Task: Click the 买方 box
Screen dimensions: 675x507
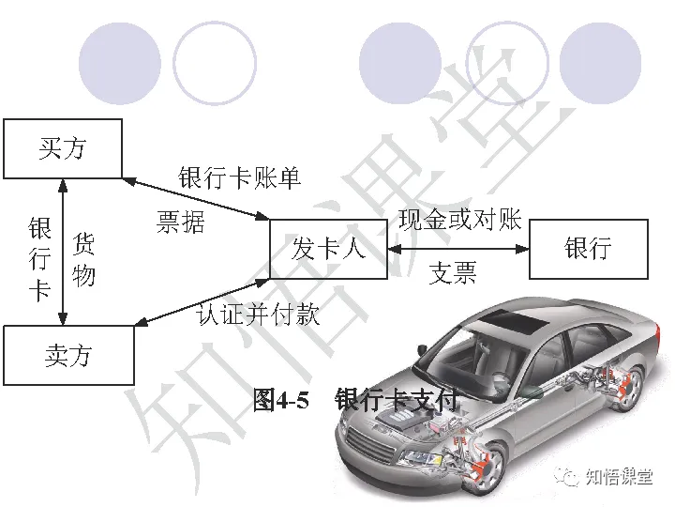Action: pos(63,148)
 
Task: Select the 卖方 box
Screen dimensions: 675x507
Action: pos(68,355)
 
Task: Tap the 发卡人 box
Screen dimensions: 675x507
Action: pos(328,249)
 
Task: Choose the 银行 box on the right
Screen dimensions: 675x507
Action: pos(588,249)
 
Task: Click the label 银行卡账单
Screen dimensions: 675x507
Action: pos(240,177)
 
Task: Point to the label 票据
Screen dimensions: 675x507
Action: pos(180,223)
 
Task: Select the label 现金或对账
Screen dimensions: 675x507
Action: pos(459,221)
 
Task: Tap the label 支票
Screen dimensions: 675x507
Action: pos(453,273)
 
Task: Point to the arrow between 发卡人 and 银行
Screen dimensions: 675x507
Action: pos(458,249)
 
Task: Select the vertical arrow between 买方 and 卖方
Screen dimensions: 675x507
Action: pos(62,252)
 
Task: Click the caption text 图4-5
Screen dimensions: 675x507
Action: pos(280,401)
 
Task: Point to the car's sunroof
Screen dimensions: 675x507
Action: pos(525,324)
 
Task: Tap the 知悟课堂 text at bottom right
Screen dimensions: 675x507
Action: pos(618,476)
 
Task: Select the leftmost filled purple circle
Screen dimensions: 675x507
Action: pos(119,63)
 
